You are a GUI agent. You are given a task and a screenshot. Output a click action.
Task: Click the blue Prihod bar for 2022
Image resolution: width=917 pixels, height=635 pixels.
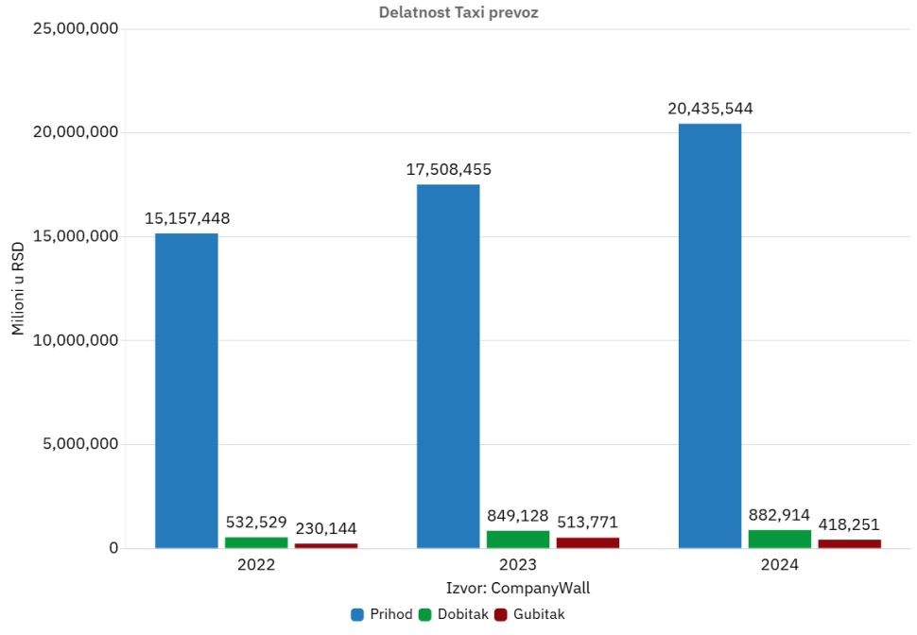[x=186, y=390]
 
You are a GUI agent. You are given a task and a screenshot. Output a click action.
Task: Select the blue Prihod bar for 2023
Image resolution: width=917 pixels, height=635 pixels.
[x=448, y=366]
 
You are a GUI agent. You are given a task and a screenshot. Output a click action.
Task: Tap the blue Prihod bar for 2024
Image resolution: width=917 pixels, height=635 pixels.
[x=710, y=335]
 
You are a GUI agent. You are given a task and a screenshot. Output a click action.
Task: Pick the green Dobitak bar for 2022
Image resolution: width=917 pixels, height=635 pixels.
[x=256, y=542]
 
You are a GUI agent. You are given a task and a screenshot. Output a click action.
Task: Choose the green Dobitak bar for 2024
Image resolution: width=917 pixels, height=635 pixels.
[x=780, y=539]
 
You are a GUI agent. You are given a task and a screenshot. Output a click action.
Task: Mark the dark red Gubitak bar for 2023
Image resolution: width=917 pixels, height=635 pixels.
[x=588, y=542]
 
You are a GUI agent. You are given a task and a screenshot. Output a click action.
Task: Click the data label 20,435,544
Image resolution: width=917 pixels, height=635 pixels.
[x=710, y=108]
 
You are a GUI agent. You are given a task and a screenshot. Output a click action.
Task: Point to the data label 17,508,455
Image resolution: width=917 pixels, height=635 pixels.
[x=448, y=169]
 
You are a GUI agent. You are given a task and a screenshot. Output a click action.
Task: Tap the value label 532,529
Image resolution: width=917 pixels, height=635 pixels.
[x=256, y=522]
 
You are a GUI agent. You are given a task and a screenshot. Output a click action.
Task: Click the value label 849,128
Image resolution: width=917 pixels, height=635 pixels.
[x=517, y=516]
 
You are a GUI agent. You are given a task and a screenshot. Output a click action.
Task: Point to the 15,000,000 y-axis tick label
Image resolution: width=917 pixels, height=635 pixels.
[x=76, y=236]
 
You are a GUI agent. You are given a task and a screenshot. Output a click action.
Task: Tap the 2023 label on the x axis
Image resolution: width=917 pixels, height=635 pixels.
[x=518, y=565]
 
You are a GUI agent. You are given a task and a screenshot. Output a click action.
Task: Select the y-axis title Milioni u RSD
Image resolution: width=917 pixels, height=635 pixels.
[x=18, y=287]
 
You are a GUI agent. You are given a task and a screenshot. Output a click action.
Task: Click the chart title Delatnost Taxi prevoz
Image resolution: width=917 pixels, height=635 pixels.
[x=458, y=12]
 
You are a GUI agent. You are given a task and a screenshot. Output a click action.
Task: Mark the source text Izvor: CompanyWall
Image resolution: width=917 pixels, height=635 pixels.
[x=518, y=588]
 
